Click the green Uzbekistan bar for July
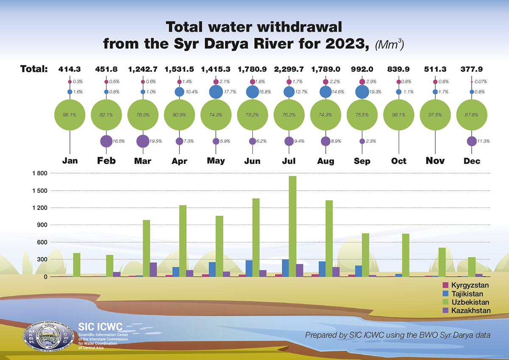pyautogui.click(x=292, y=226)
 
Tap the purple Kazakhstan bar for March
pyautogui.click(x=153, y=270)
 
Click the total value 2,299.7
pyautogui.click(x=289, y=69)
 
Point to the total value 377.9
pyautogui.click(x=472, y=69)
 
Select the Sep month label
pyautogui.click(x=362, y=161)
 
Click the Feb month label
pyautogui.click(x=106, y=161)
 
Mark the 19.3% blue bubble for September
pyautogui.click(x=362, y=92)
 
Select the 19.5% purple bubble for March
pyautogui.click(x=143, y=141)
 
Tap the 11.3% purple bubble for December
pyautogui.click(x=471, y=141)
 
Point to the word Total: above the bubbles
pyautogui.click(x=34, y=69)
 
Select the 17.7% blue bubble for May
pyautogui.click(x=216, y=92)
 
